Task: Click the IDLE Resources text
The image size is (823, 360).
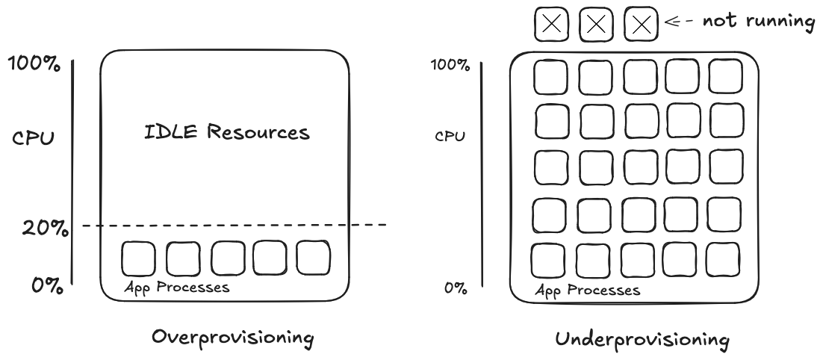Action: pyautogui.click(x=226, y=134)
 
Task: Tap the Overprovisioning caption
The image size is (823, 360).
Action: pyautogui.click(x=232, y=337)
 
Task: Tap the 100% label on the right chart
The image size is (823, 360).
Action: pyautogui.click(x=450, y=65)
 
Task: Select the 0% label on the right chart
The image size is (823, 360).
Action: pyautogui.click(x=456, y=288)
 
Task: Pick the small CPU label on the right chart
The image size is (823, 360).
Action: pyautogui.click(x=451, y=137)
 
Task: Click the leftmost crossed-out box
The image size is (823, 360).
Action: pyautogui.click(x=551, y=25)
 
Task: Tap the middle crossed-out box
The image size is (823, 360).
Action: pyautogui.click(x=595, y=25)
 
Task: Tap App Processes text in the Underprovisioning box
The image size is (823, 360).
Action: pyautogui.click(x=587, y=290)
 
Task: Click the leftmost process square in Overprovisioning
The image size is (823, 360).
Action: pyautogui.click(x=137, y=258)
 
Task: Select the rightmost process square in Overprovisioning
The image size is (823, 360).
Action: pyautogui.click(x=313, y=256)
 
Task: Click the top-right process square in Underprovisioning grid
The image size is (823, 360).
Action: pyautogui.click(x=725, y=75)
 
